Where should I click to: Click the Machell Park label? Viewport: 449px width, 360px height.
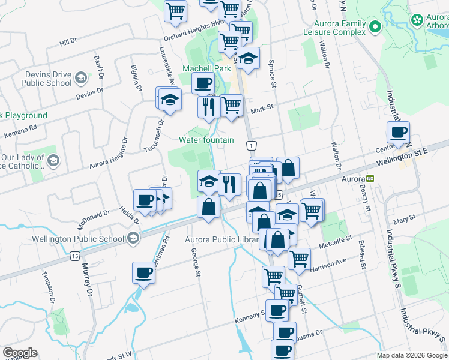(x=206, y=68)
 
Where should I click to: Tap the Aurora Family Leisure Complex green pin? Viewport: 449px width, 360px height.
(x=376, y=26)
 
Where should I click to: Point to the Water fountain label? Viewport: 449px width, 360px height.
(x=206, y=140)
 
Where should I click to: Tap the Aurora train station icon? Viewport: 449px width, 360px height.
(x=370, y=178)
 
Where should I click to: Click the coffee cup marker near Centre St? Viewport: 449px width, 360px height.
(x=397, y=133)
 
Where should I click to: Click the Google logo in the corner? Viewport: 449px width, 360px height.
(x=20, y=353)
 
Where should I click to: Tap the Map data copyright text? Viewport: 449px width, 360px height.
(x=412, y=355)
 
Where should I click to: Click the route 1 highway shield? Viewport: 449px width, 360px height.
(x=250, y=145)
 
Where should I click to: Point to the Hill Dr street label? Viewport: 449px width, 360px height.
(x=68, y=42)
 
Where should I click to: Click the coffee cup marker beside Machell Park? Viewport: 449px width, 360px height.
(x=202, y=83)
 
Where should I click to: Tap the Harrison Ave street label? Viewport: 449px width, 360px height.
(x=329, y=263)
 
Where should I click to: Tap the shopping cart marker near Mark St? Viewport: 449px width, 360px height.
(x=231, y=105)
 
